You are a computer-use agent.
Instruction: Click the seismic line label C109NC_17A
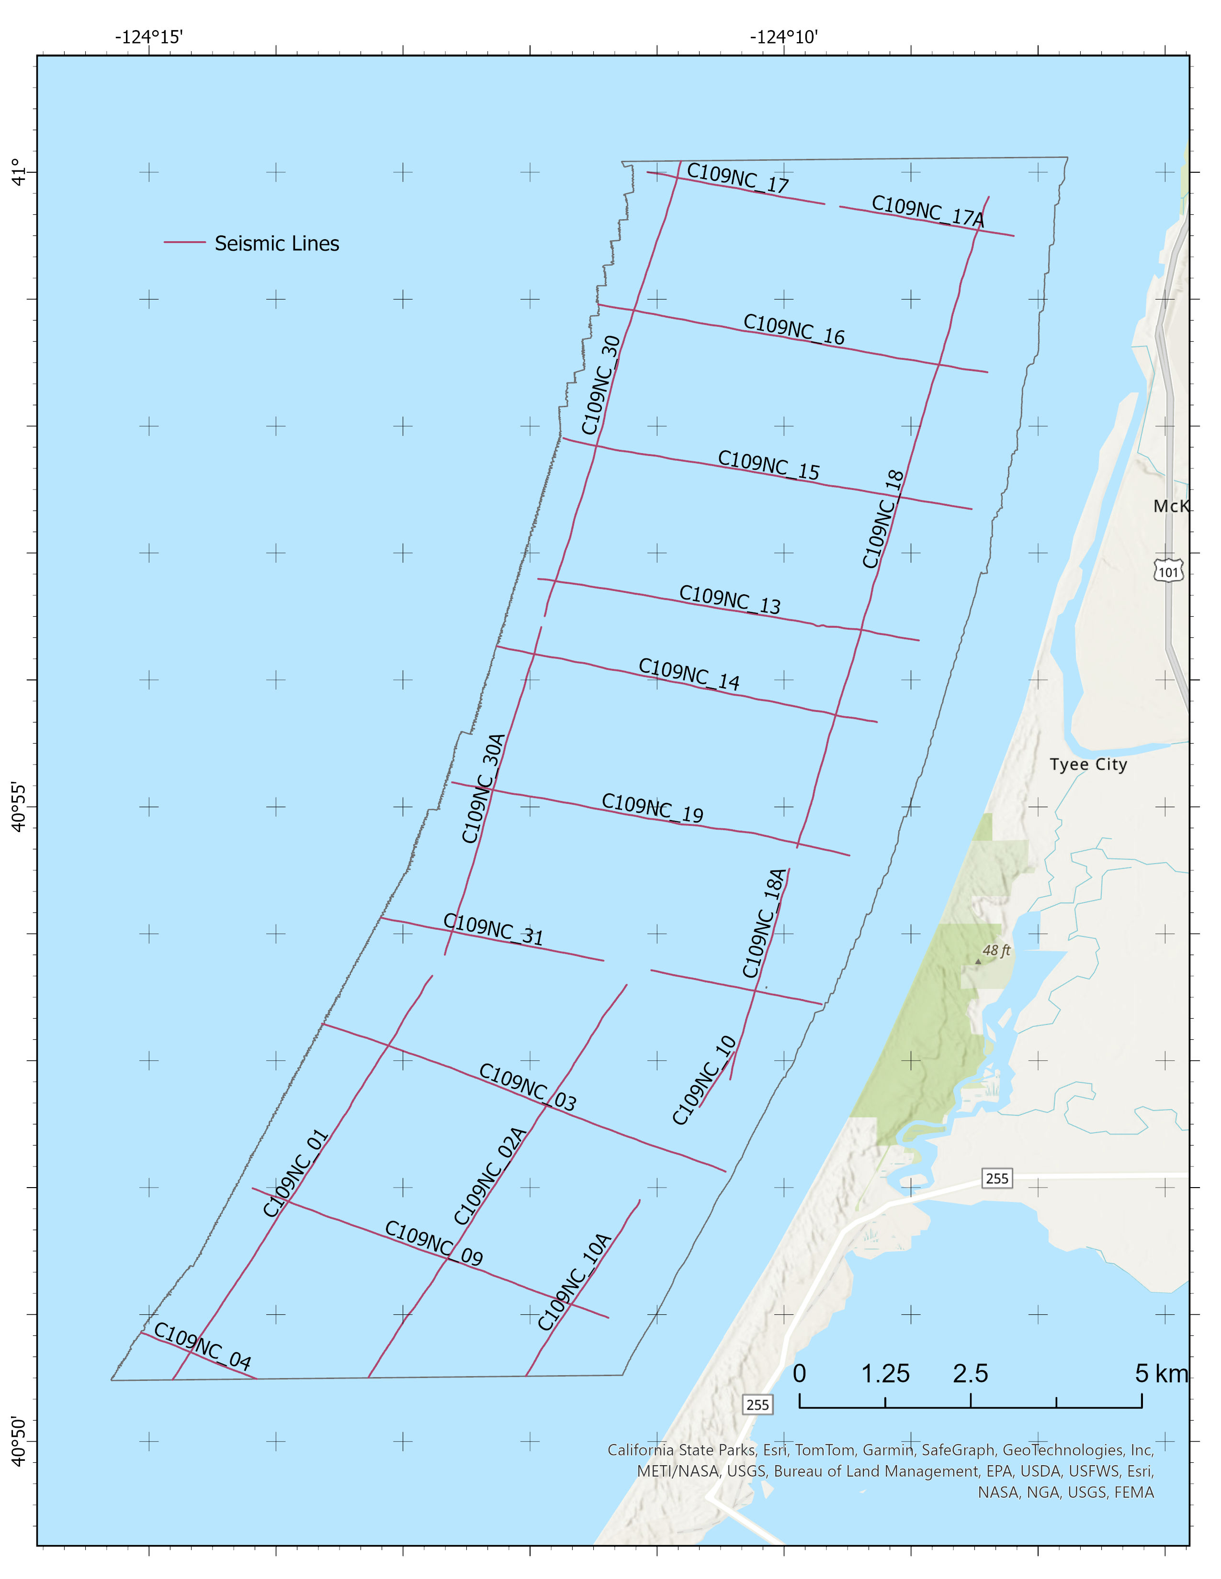tap(927, 211)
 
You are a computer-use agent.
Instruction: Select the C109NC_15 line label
tap(768, 466)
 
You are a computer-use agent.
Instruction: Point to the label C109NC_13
tap(729, 600)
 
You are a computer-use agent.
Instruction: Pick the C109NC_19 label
tap(653, 808)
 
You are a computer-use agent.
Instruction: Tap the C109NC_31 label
tap(493, 929)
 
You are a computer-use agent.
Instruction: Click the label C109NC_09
tap(433, 1243)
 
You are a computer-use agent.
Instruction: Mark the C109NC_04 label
tap(203, 1346)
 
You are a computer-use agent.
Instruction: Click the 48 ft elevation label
tap(996, 951)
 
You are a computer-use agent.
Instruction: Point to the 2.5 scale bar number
tap(970, 1374)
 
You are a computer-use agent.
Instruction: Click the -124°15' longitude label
tap(149, 36)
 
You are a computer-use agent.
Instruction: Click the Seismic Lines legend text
tap(276, 244)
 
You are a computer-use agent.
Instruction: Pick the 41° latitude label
tap(20, 172)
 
